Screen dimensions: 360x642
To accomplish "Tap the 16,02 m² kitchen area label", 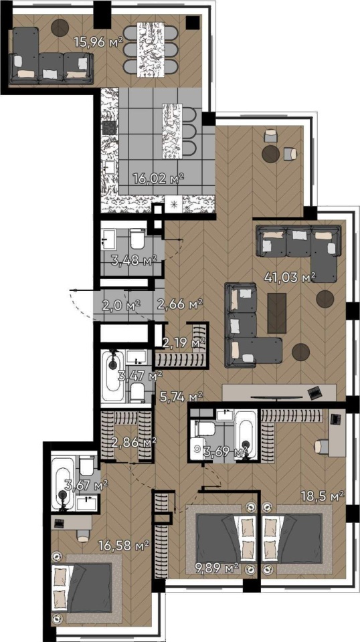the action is click(159, 178).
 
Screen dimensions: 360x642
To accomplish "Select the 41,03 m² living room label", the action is click(290, 278).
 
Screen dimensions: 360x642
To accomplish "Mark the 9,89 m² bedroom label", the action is click(215, 568).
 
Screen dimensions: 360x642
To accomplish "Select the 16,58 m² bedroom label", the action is click(123, 545).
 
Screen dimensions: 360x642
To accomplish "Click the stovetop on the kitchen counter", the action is click(109, 128).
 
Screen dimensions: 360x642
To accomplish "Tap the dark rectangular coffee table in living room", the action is click(277, 313).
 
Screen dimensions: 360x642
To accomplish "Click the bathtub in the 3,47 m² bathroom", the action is click(112, 375).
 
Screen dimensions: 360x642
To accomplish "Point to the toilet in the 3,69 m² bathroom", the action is click(205, 429).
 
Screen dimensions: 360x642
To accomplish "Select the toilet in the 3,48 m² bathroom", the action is click(137, 239).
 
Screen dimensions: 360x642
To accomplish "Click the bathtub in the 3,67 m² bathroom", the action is click(63, 484).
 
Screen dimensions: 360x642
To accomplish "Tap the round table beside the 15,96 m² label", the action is click(60, 27).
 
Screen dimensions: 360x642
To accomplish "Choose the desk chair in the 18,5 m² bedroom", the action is click(321, 447).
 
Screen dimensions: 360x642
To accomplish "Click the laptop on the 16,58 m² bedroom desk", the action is click(60, 523).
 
